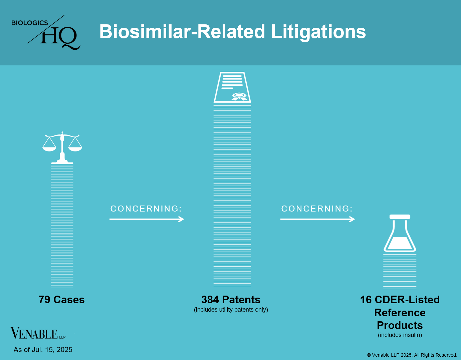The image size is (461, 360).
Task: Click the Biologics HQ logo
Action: (x=46, y=32)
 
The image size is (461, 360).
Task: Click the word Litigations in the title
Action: (x=318, y=32)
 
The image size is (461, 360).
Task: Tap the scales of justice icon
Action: (x=62, y=147)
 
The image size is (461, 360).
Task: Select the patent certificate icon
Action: (x=232, y=87)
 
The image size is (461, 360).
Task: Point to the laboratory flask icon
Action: (x=400, y=233)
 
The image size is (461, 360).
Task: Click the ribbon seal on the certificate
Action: (x=239, y=96)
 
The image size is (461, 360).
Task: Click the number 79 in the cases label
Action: (x=44, y=300)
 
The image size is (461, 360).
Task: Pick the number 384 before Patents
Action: (x=210, y=300)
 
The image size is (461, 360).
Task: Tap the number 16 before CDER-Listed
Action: (x=366, y=300)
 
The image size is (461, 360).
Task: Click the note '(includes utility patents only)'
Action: (x=231, y=310)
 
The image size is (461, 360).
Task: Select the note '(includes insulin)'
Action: (x=400, y=335)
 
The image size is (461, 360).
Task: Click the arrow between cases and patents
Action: (x=147, y=219)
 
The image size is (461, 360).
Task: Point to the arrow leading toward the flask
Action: (x=317, y=219)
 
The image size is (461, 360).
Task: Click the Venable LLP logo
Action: (x=38, y=333)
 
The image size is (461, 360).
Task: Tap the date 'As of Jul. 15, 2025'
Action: (x=43, y=350)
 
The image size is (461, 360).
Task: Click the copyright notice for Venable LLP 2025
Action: (x=412, y=355)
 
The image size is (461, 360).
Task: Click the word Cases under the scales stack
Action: (x=69, y=300)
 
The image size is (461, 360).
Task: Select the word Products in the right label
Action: (x=400, y=325)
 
